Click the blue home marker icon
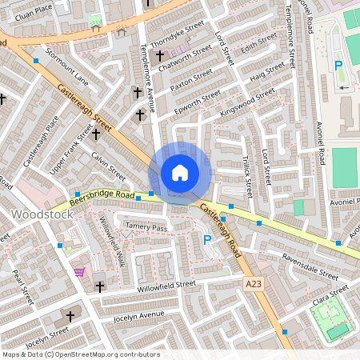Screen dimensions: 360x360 point(180,173)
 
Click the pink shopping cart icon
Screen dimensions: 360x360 point(79,272)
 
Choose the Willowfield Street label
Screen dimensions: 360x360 point(166,284)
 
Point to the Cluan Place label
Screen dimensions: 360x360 point(32,8)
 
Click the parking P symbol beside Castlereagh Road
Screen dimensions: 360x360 point(207,239)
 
